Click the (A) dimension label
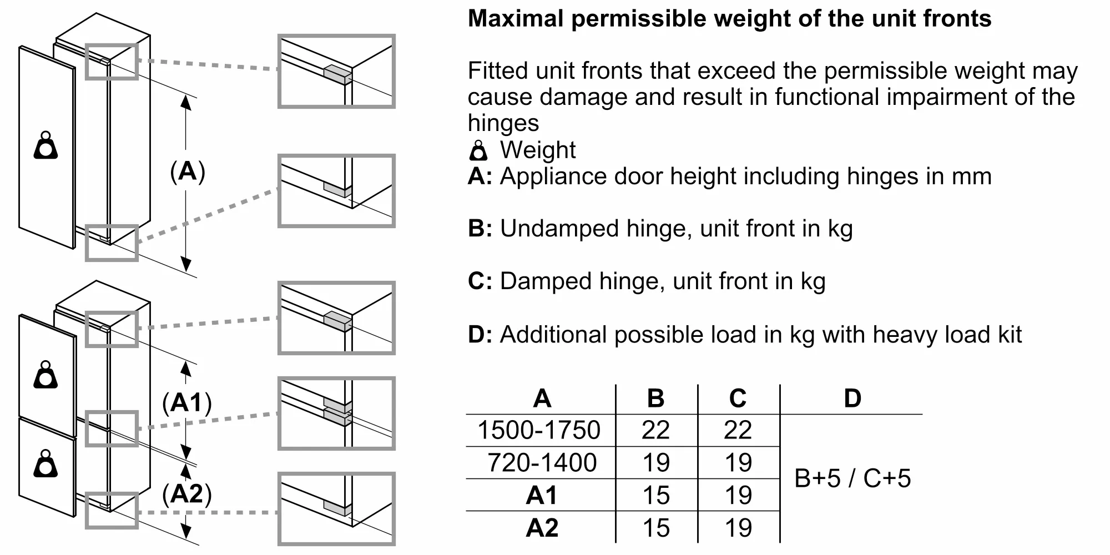(188, 171)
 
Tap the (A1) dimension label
(187, 403)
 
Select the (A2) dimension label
(187, 493)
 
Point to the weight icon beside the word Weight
(478, 150)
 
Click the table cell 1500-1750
(539, 430)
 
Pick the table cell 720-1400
(542, 463)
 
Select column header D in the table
(852, 398)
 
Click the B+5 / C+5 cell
(852, 478)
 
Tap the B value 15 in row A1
(656, 495)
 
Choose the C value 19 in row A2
(738, 528)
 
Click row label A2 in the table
(542, 528)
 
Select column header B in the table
(656, 398)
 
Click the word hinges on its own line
(503, 123)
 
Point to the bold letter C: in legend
(480, 281)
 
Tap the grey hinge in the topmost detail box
(337, 74)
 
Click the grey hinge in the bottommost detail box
(337, 507)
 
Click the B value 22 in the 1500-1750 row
(656, 430)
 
